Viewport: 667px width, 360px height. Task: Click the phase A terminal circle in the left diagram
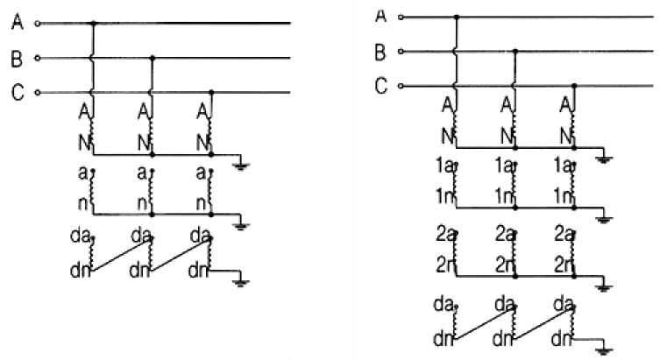37,24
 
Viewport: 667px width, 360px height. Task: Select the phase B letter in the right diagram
380,52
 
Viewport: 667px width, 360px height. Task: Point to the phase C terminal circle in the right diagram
401,87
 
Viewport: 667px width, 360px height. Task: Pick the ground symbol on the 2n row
605,286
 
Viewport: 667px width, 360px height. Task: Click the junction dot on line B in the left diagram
153,58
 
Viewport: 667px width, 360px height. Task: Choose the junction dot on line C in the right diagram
574,86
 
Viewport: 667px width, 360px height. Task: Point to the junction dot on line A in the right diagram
455,17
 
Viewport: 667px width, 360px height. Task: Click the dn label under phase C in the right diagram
562,335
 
